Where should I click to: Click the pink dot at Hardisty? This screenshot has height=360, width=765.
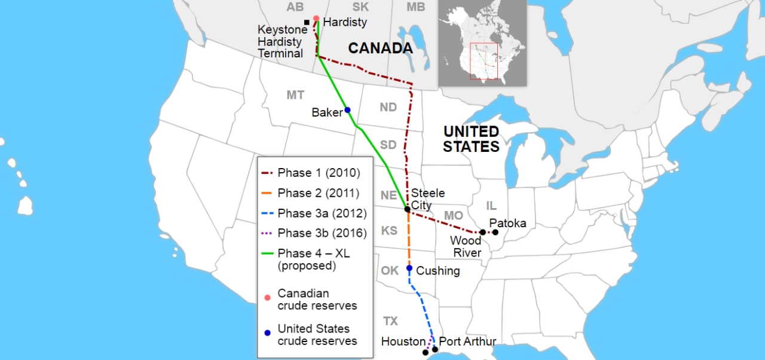pyautogui.click(x=316, y=19)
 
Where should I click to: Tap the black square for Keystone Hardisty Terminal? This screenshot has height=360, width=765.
pyautogui.click(x=307, y=23)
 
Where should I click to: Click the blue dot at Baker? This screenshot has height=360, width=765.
pyautogui.click(x=347, y=110)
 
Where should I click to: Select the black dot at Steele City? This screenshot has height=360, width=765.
pyautogui.click(x=407, y=209)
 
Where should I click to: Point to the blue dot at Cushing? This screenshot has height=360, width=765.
pyautogui.click(x=409, y=268)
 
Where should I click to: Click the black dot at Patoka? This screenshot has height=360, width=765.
pyautogui.click(x=495, y=232)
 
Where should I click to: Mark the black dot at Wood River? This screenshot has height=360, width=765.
pyautogui.click(x=482, y=232)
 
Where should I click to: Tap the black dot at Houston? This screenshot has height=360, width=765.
pyautogui.click(x=426, y=353)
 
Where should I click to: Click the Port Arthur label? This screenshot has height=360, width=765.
pyautogui.click(x=467, y=341)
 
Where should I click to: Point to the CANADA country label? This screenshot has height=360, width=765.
pyautogui.click(x=381, y=48)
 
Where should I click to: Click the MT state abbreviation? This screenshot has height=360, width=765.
pyautogui.click(x=295, y=95)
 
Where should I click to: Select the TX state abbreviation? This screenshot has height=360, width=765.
pyautogui.click(x=390, y=322)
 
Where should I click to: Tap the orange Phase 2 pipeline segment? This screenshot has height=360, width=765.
pyautogui.click(x=409, y=239)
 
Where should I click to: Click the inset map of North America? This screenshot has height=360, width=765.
pyautogui.click(x=482, y=42)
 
